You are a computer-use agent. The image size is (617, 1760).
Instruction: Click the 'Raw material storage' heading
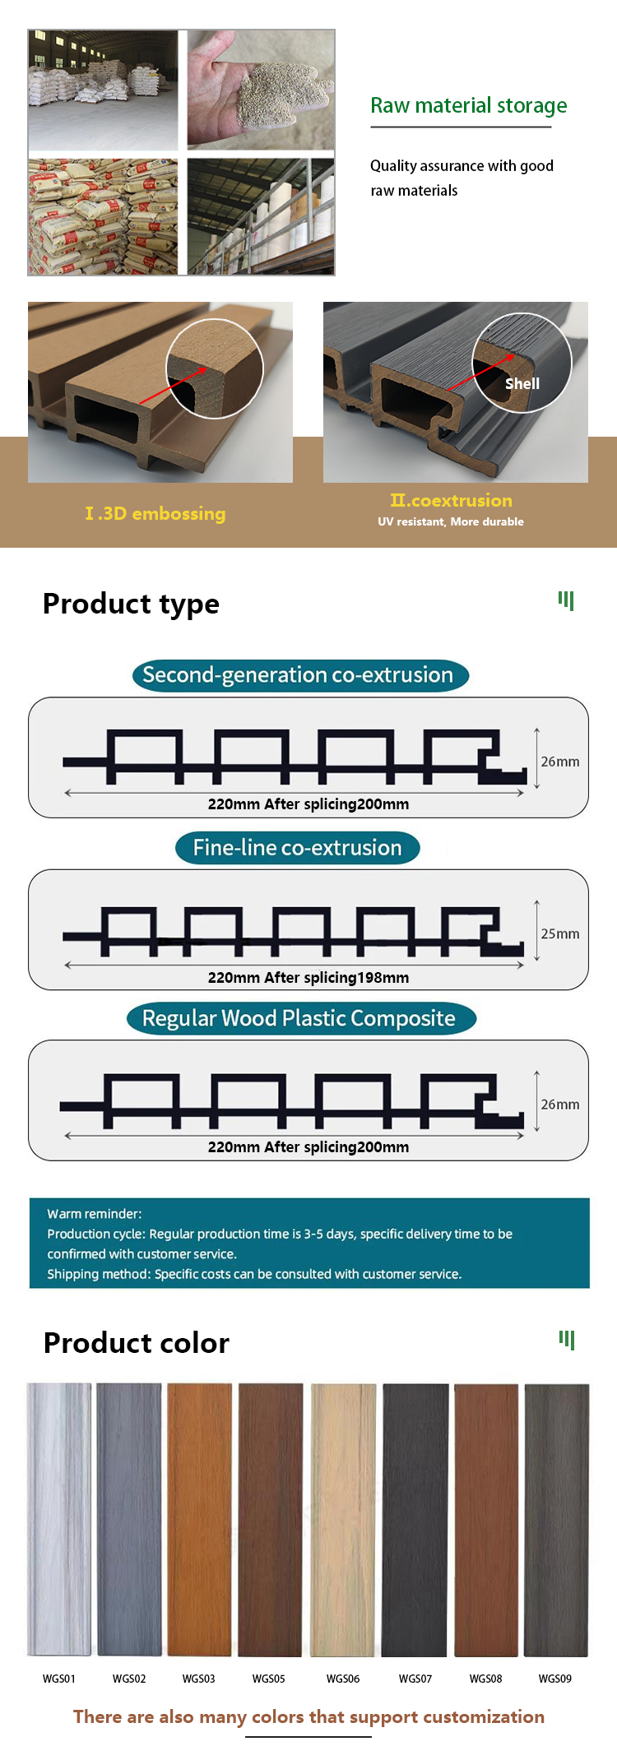point(468,106)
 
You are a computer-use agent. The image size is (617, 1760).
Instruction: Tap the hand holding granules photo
point(261,90)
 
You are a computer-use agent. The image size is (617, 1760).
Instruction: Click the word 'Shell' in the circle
point(522,384)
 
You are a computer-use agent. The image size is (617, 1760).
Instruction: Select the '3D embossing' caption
point(155,514)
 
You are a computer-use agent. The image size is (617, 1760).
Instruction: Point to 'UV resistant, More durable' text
point(451,521)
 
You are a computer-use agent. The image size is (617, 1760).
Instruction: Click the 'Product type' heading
point(131,604)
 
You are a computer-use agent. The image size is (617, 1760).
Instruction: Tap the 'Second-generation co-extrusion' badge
point(300,675)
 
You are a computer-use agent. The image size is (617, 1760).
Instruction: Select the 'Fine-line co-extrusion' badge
point(297,848)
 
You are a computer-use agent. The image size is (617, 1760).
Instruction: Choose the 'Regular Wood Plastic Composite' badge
point(300,1018)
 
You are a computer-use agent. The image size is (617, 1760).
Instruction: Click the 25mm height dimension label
point(559,934)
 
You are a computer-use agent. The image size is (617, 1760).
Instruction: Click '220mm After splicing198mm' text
point(308,978)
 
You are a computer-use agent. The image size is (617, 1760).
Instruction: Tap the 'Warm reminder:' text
point(95,1214)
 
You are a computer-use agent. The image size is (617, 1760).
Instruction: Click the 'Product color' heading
point(137,1343)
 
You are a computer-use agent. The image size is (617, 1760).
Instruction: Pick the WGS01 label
point(59,1679)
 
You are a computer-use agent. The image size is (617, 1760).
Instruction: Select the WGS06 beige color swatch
point(343,1520)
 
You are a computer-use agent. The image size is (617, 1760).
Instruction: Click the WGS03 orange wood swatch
point(199,1520)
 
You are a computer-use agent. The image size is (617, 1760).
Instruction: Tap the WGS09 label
point(555,1679)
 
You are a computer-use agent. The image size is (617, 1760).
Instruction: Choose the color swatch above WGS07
point(415,1520)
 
